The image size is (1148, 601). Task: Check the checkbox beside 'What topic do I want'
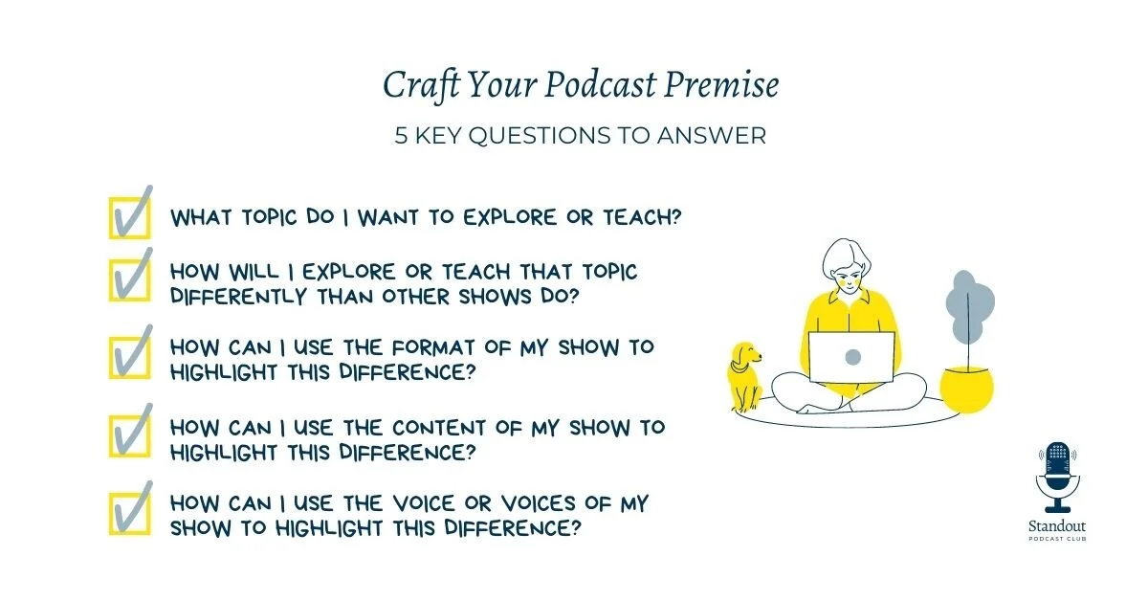point(129,216)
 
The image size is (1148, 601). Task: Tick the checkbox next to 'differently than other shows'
point(129,278)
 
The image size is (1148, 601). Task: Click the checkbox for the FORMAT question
point(129,355)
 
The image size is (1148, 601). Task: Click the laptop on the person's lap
point(851,357)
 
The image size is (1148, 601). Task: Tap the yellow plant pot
point(966,389)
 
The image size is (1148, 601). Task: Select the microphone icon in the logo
point(1057,476)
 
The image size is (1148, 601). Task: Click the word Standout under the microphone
point(1057,525)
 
